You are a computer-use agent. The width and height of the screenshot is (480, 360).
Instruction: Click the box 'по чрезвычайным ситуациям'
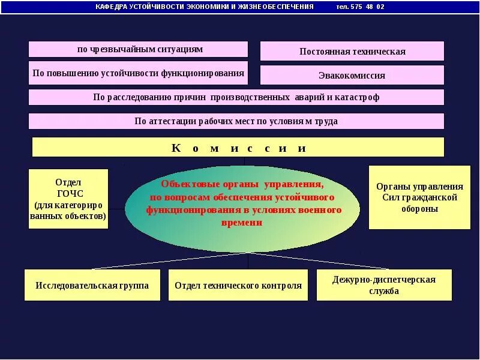(x=138, y=49)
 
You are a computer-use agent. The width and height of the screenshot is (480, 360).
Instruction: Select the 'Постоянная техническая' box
(x=352, y=51)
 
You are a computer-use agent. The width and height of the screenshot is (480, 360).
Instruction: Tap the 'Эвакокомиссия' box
(x=352, y=76)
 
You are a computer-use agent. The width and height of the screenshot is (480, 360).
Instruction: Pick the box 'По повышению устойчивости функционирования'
(x=138, y=73)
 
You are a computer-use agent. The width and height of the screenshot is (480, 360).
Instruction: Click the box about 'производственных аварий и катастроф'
(x=236, y=97)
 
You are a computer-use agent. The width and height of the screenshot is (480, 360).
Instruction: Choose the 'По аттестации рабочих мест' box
(x=236, y=121)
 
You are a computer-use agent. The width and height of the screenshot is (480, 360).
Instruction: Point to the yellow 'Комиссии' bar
(x=238, y=148)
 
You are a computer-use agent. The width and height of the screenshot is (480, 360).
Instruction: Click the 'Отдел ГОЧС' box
(x=68, y=199)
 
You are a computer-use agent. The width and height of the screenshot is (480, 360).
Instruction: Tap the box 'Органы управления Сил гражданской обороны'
(x=419, y=197)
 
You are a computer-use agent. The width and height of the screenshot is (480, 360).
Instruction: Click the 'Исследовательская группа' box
(x=92, y=285)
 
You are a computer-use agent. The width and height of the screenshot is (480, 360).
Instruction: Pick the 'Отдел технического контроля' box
(x=238, y=285)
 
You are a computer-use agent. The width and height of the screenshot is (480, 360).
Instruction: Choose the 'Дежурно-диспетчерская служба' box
(x=384, y=285)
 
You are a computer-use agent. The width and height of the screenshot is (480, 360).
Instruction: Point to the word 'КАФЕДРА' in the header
(x=110, y=7)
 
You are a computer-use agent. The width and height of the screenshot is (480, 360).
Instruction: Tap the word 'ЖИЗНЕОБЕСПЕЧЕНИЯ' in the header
(x=281, y=7)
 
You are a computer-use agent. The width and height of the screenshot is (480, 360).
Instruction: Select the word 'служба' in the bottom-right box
(x=384, y=292)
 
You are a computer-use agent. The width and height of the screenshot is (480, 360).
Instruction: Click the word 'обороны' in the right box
(x=419, y=209)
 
